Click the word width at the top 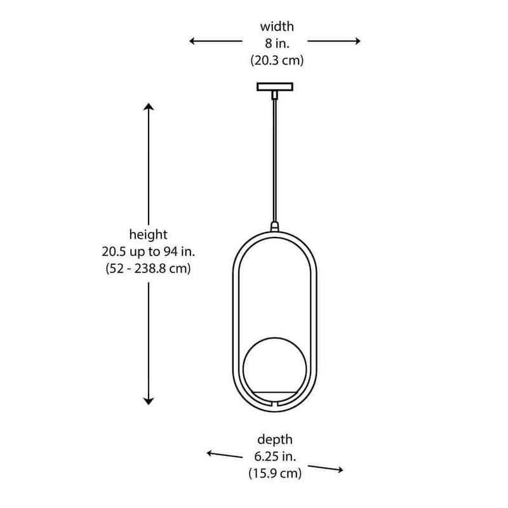tap(277, 26)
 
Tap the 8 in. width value tap(277, 43)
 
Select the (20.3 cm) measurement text tap(277, 60)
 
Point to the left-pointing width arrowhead tap(192, 41)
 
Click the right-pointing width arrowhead tap(358, 41)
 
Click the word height tap(149, 234)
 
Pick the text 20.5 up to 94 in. tap(149, 251)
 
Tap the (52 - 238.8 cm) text tap(149, 269)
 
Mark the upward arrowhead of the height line tap(149, 106)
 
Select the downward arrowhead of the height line tap(149, 402)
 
